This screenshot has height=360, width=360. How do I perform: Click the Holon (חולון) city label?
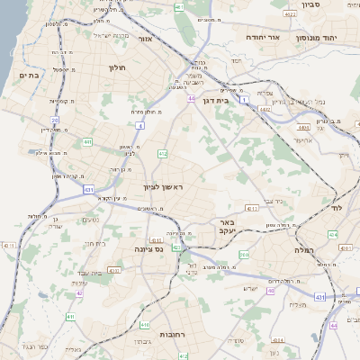[119, 67]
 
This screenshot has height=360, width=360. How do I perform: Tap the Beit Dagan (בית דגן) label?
[238, 102]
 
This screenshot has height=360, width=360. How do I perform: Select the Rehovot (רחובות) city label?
[173, 334]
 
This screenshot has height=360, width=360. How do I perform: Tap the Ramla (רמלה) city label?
[309, 250]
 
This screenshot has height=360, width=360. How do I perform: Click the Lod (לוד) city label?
[337, 208]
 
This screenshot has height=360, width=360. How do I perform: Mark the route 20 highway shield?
[54, 120]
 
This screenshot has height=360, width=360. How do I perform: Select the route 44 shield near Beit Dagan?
[192, 98]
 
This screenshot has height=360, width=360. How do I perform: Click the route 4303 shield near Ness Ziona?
[178, 247]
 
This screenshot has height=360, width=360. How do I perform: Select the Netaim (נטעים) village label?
[90, 220]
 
